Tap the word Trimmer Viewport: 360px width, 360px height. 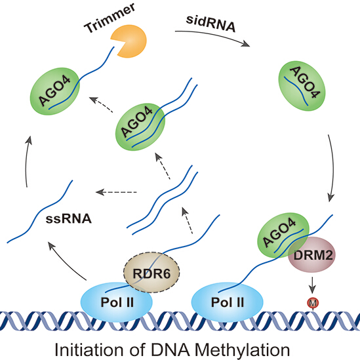coord(110,18)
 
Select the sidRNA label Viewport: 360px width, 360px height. coord(210,24)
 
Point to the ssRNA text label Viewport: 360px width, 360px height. coord(69,218)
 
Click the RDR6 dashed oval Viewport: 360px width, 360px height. coord(151,273)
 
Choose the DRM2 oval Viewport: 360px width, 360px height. coord(312,255)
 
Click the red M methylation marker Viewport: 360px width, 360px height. coord(313,303)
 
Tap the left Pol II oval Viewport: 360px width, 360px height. coord(117,302)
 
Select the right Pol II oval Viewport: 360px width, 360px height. coord(228,302)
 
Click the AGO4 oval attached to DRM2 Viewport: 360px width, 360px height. coord(283,235)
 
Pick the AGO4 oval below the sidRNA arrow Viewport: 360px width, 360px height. coord(302,86)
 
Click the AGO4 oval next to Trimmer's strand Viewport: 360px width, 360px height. coord(55,91)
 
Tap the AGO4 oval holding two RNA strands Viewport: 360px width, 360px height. coord(140,127)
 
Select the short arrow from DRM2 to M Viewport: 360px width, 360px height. coord(312,285)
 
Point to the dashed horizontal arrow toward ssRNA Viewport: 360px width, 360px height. coord(116,192)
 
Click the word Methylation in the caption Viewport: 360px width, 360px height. coord(242,350)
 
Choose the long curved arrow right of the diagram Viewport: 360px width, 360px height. coord(332,168)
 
